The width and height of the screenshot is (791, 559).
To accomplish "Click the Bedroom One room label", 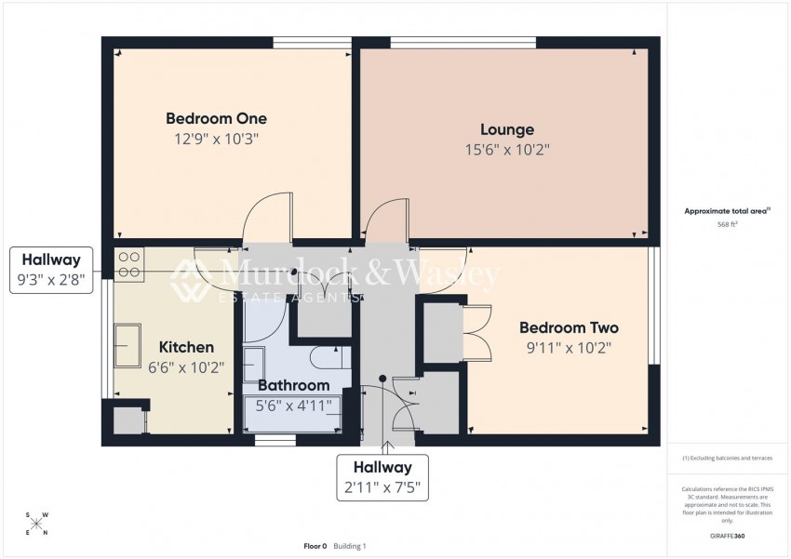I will point(216,119).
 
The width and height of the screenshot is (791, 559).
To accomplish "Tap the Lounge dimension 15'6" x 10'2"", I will point(507,149).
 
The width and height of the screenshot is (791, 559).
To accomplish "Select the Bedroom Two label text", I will point(569,328).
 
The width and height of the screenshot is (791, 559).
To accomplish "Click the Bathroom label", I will point(293,385).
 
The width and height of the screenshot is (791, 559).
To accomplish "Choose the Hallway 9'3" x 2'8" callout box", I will point(51,270).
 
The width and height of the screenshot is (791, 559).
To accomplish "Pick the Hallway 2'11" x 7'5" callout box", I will point(382,477).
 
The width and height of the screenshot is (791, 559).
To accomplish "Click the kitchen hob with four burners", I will point(128,264).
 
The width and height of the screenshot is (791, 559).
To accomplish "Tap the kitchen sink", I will point(127,346).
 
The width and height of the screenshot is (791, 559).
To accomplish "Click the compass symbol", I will point(36,523).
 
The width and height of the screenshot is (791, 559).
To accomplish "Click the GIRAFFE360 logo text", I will point(726,537).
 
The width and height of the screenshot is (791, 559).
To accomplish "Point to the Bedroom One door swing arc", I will point(264,218).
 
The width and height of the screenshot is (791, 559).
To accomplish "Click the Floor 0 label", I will point(315,546).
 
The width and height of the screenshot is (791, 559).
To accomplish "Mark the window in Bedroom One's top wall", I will point(312,42).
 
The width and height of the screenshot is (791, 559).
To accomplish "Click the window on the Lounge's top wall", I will point(463,42).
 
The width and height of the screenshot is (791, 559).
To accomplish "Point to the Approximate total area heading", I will point(726,211).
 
